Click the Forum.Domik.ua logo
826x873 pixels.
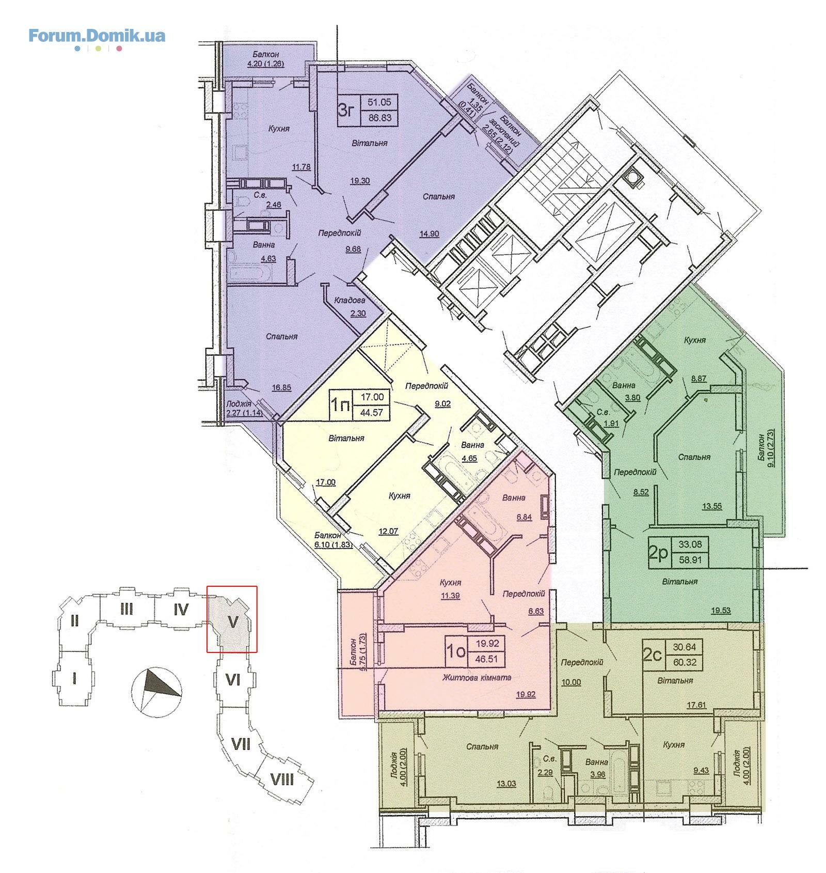[x=97, y=37]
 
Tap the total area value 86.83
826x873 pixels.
[x=379, y=118]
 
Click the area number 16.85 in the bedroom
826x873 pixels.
[x=282, y=386]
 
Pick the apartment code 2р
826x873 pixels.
[x=658, y=553]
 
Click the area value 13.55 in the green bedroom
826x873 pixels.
[x=711, y=507]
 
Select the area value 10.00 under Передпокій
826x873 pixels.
[x=571, y=682]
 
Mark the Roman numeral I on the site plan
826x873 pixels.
[x=75, y=677]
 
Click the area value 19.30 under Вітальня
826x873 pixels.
[x=358, y=181]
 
